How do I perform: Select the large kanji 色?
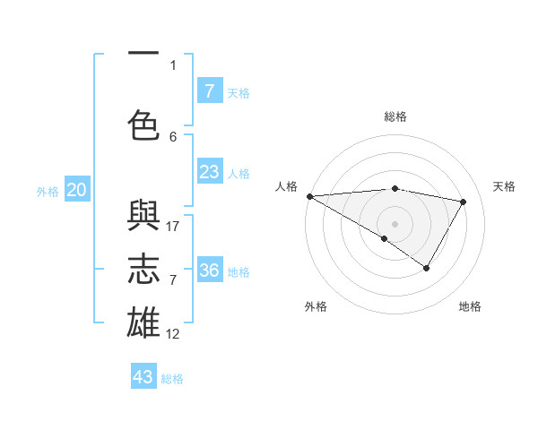pos(143,125)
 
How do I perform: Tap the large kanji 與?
pos(143,218)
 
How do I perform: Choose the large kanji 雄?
pos(143,321)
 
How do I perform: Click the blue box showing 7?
pos(209,91)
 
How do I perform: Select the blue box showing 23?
pos(209,172)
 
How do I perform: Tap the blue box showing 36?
pos(209,271)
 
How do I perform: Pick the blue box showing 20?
pos(76,190)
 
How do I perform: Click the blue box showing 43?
pos(143,377)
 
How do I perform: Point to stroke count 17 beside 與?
pos(173,226)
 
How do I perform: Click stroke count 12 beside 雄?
pos(173,334)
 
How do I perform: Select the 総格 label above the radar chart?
pos(395,116)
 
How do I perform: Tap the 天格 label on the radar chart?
pos(504,186)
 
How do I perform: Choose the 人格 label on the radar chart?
pos(286,186)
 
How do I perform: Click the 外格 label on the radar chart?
pos(315,306)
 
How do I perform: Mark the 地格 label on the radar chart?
pos(470,306)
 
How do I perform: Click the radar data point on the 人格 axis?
pos(309,196)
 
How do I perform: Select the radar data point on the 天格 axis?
pos(464,202)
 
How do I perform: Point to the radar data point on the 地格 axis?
pos(427,268)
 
